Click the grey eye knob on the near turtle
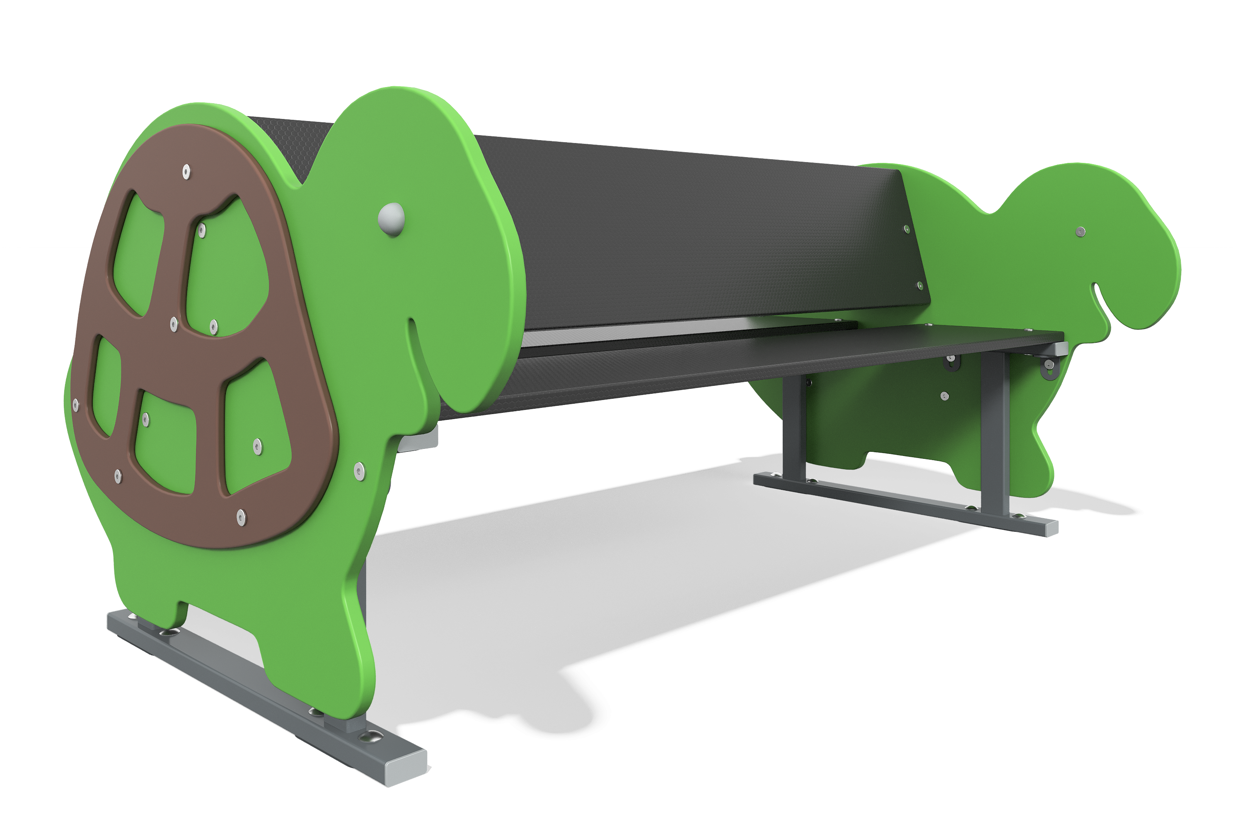coord(392,219)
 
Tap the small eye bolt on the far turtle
coord(1081,232)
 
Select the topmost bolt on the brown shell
coord(186,172)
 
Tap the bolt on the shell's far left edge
coord(75,405)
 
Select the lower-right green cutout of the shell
coord(256,428)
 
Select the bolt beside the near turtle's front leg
coord(359,470)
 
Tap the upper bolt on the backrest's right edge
coord(907,230)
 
